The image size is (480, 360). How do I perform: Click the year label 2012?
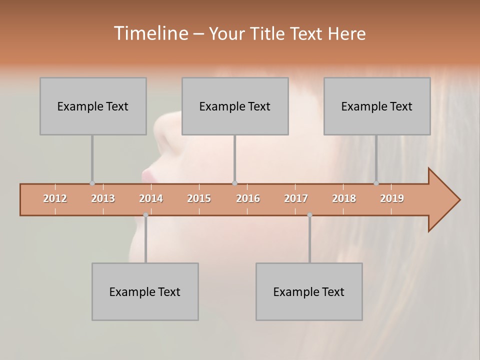[55, 198]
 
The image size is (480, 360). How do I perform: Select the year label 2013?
[103, 198]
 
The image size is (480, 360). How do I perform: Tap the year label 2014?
[151, 198]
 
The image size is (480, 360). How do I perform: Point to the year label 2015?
[199, 198]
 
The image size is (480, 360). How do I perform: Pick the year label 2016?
[248, 198]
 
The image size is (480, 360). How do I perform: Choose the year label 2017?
[296, 198]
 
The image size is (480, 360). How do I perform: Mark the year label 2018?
[344, 198]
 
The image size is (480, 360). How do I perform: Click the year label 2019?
[392, 198]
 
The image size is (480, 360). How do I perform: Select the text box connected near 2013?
[93, 106]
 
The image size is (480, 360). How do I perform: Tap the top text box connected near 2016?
[235, 106]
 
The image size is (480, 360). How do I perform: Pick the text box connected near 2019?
[377, 106]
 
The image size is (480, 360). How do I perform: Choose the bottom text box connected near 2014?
[145, 291]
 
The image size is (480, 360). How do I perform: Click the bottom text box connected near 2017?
[309, 291]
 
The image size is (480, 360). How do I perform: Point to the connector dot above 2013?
[92, 183]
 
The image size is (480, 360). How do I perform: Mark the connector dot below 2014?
[145, 215]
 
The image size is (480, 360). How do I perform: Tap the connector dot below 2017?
[309, 215]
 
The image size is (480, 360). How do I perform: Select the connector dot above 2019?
[376, 183]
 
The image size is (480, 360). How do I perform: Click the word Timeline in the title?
[149, 33]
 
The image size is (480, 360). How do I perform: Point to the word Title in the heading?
[269, 33]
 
